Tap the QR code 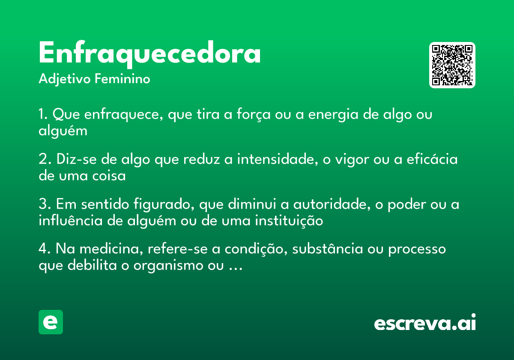pyautogui.click(x=452, y=65)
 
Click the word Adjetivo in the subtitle pyautogui.click(x=65, y=79)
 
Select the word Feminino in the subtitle pyautogui.click(x=122, y=79)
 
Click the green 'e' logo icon pyautogui.click(x=51, y=322)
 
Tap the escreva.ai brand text pyautogui.click(x=425, y=323)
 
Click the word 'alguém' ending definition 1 pyautogui.click(x=63, y=130)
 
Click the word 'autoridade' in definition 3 pyautogui.click(x=330, y=204)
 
